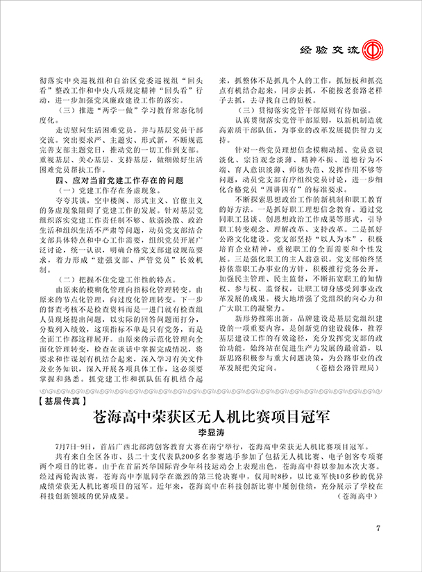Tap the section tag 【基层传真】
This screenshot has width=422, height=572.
coord(56,400)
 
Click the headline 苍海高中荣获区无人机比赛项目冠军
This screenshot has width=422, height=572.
coord(211,418)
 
